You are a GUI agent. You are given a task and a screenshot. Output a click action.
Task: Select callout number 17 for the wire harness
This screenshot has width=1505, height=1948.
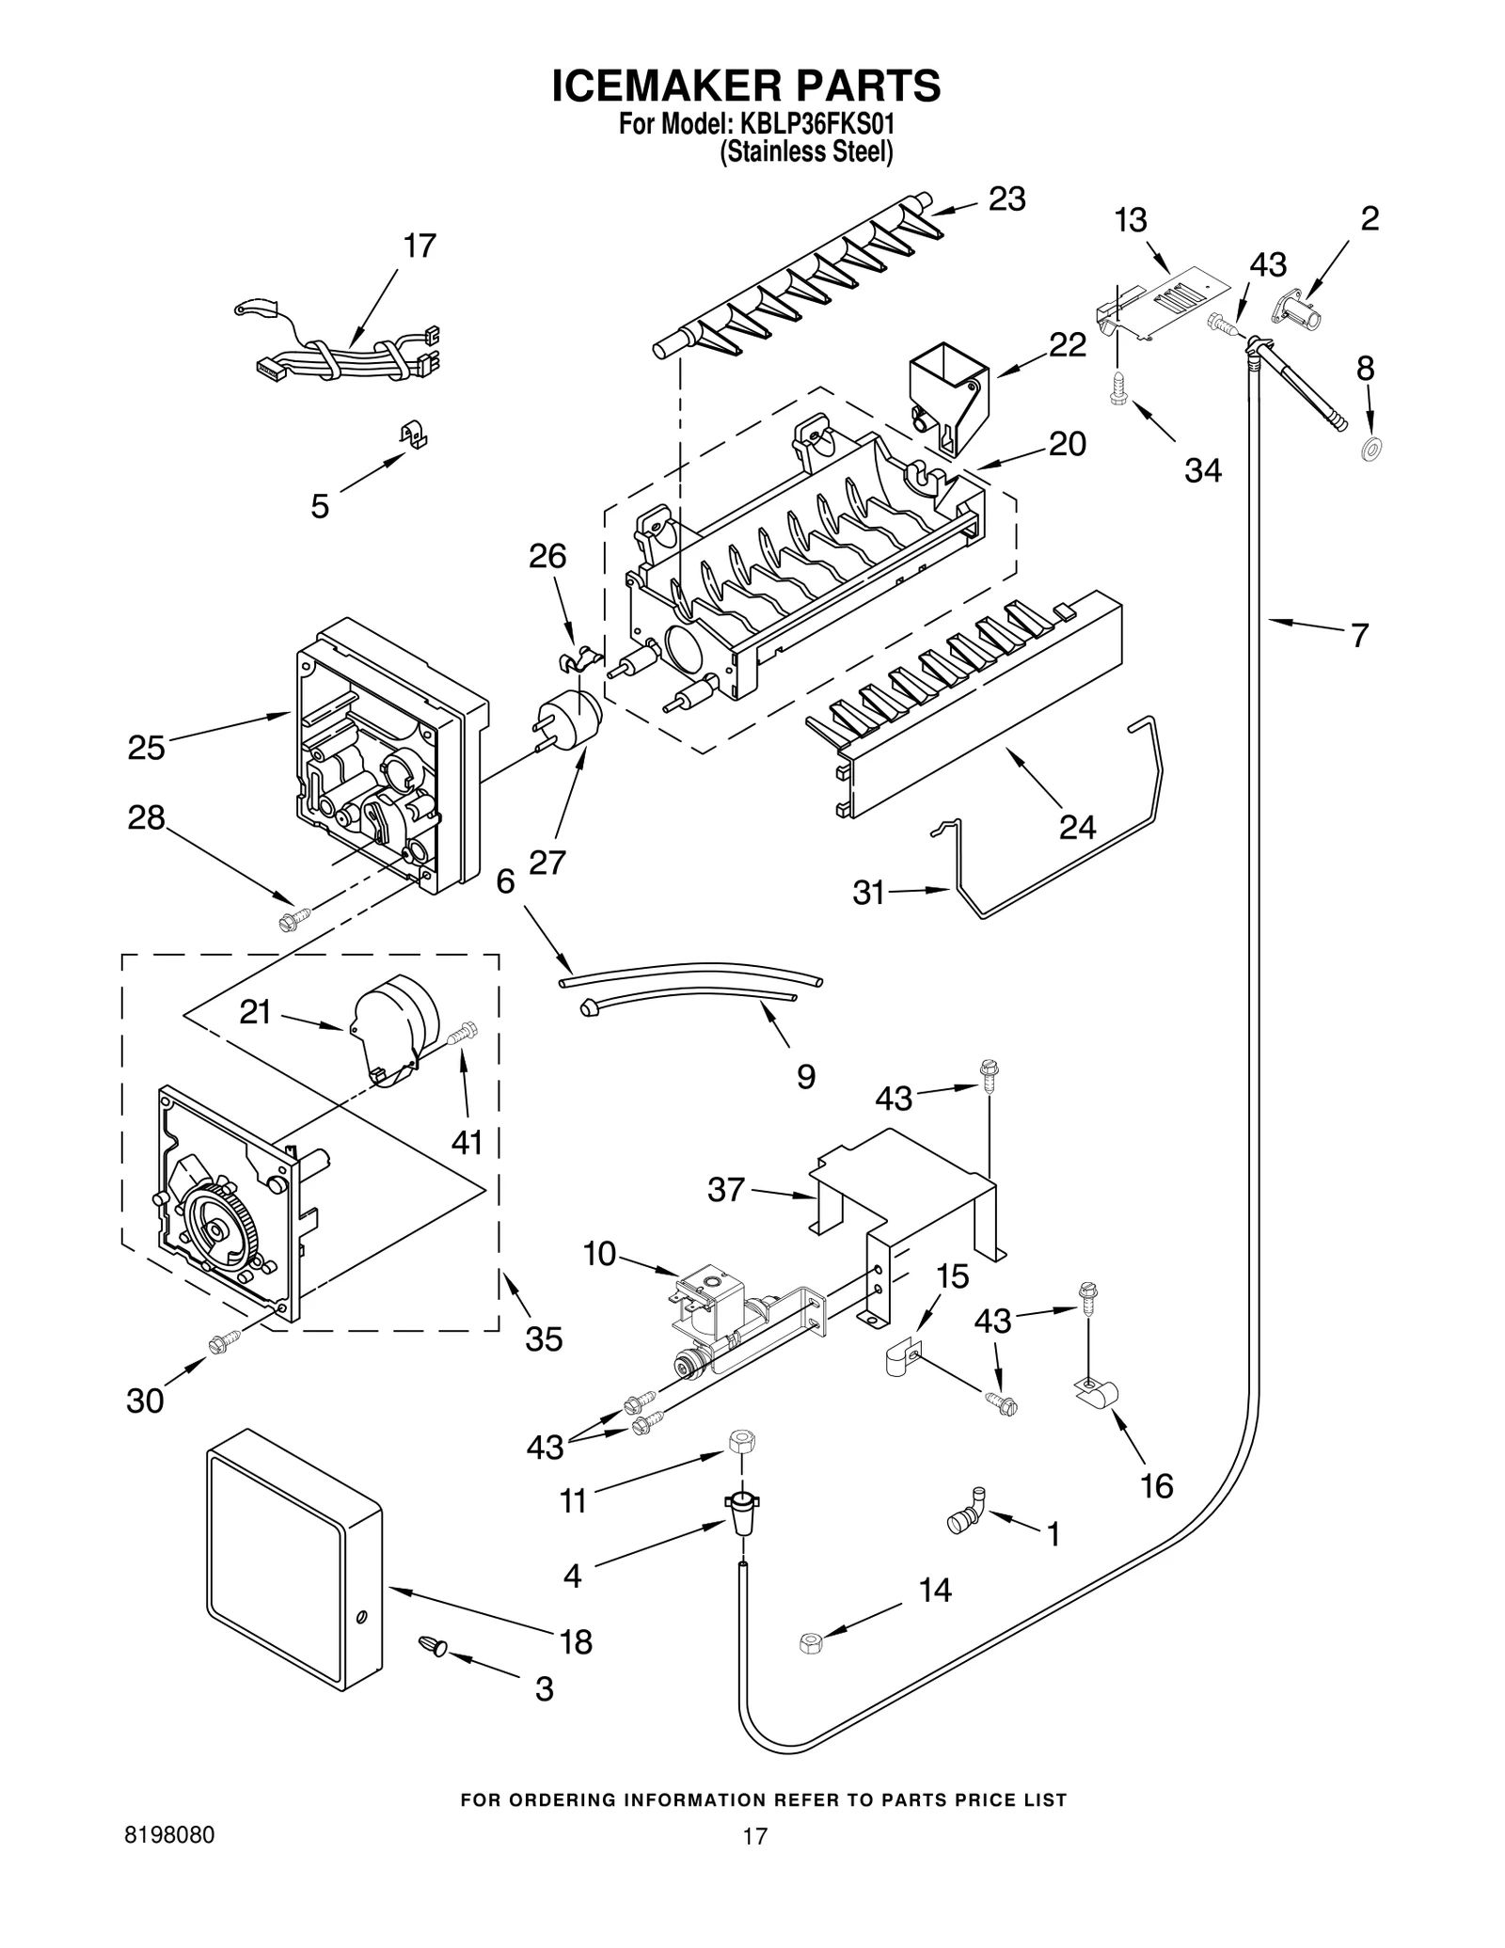[x=420, y=246]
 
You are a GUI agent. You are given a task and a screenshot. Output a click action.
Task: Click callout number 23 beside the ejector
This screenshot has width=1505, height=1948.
[x=1006, y=199]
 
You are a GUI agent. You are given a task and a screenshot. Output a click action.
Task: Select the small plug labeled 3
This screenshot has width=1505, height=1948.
[x=434, y=1644]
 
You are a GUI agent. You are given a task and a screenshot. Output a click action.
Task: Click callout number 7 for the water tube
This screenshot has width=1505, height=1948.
[x=1358, y=637]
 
